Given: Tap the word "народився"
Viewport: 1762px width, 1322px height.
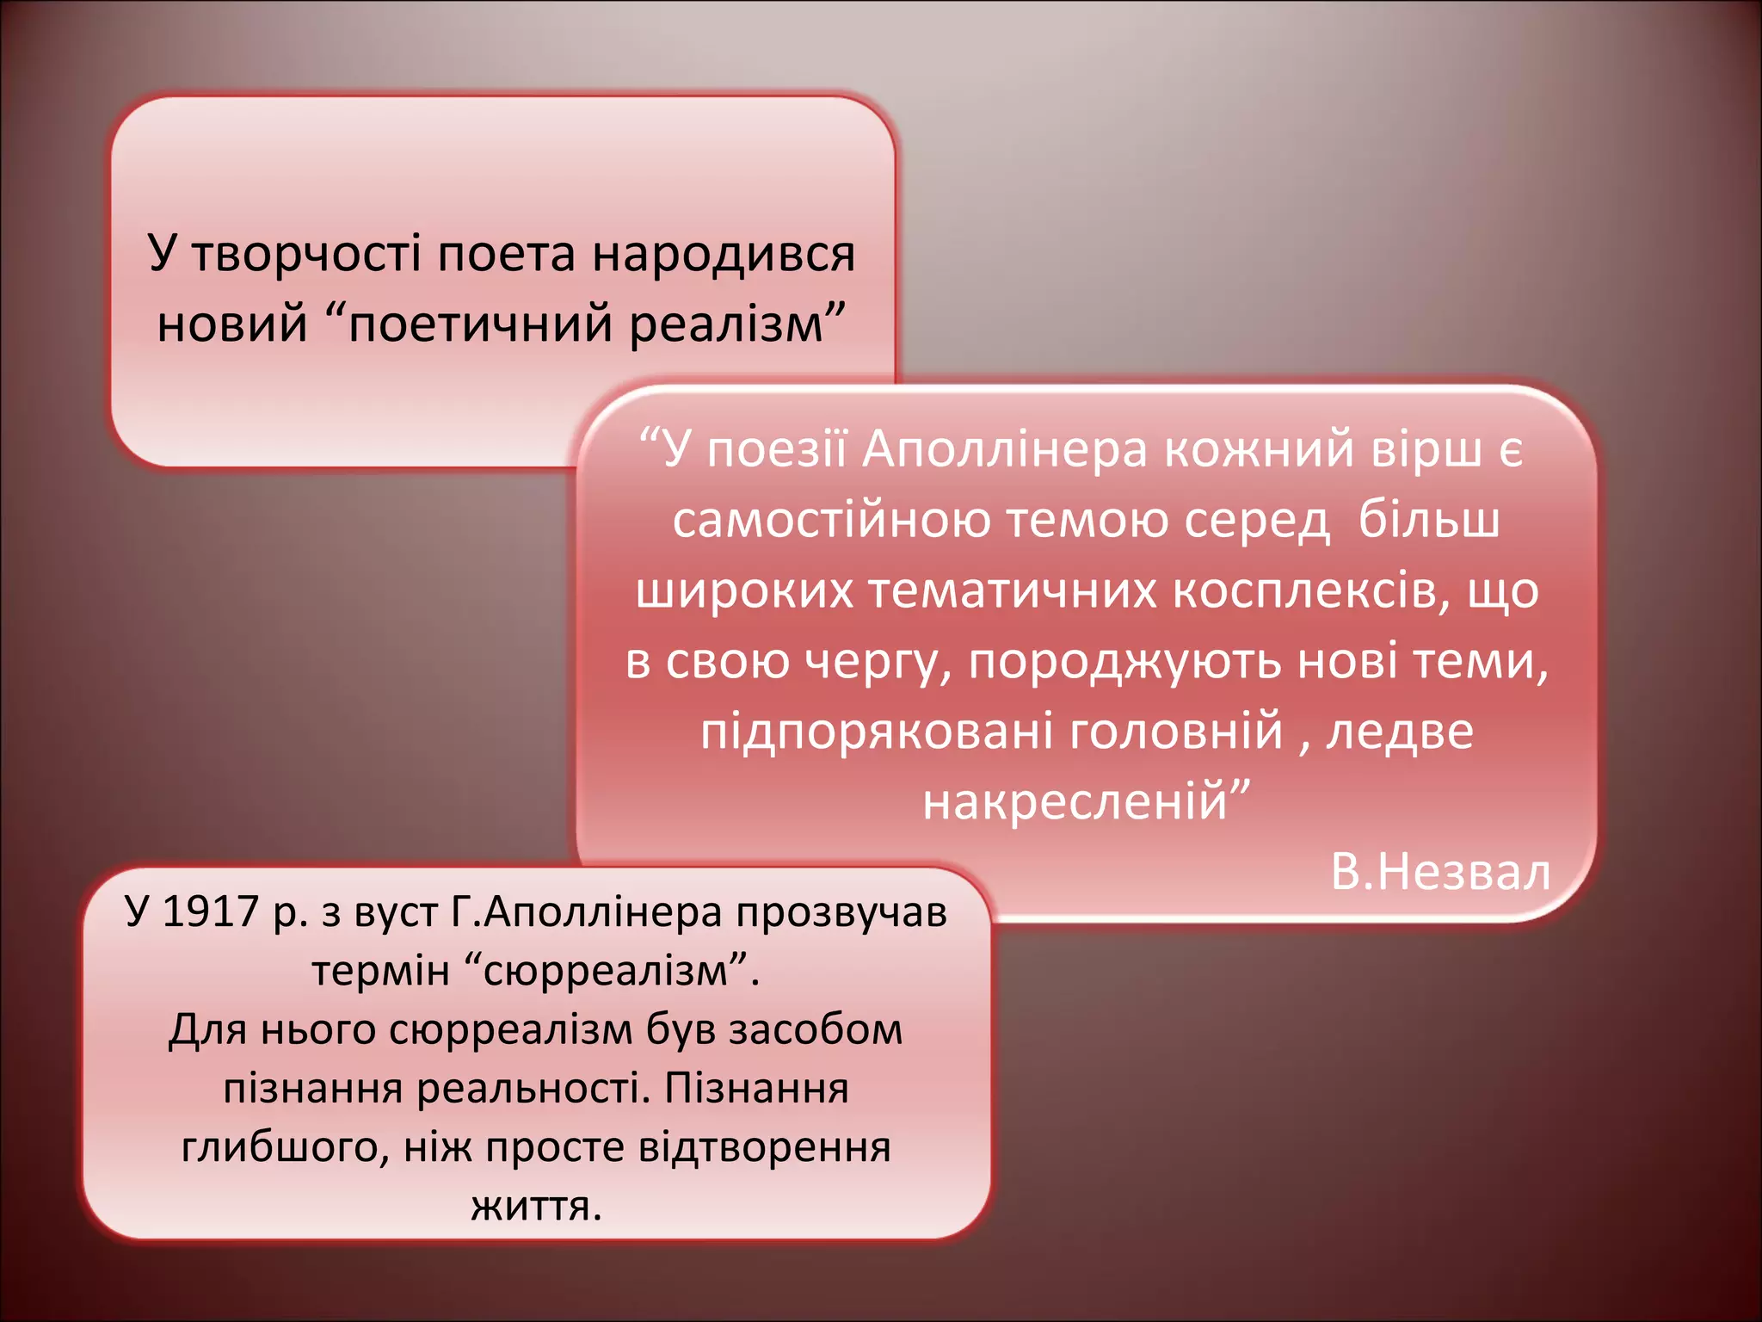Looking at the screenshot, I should point(723,254).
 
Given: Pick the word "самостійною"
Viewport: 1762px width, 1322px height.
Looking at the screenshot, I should point(831,520).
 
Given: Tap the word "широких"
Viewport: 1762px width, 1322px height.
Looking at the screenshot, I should point(744,591).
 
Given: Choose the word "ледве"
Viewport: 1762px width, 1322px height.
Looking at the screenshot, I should point(1399,732).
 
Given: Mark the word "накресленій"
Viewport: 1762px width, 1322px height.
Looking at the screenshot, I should point(1075,801).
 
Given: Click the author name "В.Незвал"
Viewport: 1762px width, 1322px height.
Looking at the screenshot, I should point(1440,872).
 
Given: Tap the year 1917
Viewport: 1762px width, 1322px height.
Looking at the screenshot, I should point(210,912).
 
